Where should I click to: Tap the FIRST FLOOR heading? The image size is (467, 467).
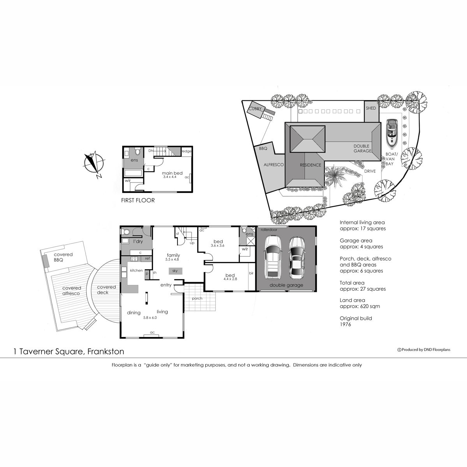(x=138, y=200)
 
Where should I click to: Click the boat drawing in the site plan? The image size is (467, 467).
(x=391, y=133)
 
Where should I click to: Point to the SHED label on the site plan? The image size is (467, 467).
(x=371, y=108)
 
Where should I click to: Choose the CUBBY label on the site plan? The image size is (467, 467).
(x=256, y=109)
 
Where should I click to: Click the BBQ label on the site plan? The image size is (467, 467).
(x=263, y=149)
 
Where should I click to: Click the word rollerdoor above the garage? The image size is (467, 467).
(x=269, y=230)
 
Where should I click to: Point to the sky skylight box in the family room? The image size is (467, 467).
(x=175, y=270)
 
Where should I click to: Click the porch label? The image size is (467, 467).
(x=197, y=298)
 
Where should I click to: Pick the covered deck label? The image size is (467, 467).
(x=106, y=290)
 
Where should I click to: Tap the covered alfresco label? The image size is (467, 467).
(x=72, y=291)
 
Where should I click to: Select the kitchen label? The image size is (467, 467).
(x=136, y=270)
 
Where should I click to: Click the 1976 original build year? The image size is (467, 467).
(x=345, y=324)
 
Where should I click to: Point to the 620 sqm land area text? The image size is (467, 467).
(x=361, y=306)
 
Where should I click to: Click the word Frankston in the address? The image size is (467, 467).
(x=106, y=352)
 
